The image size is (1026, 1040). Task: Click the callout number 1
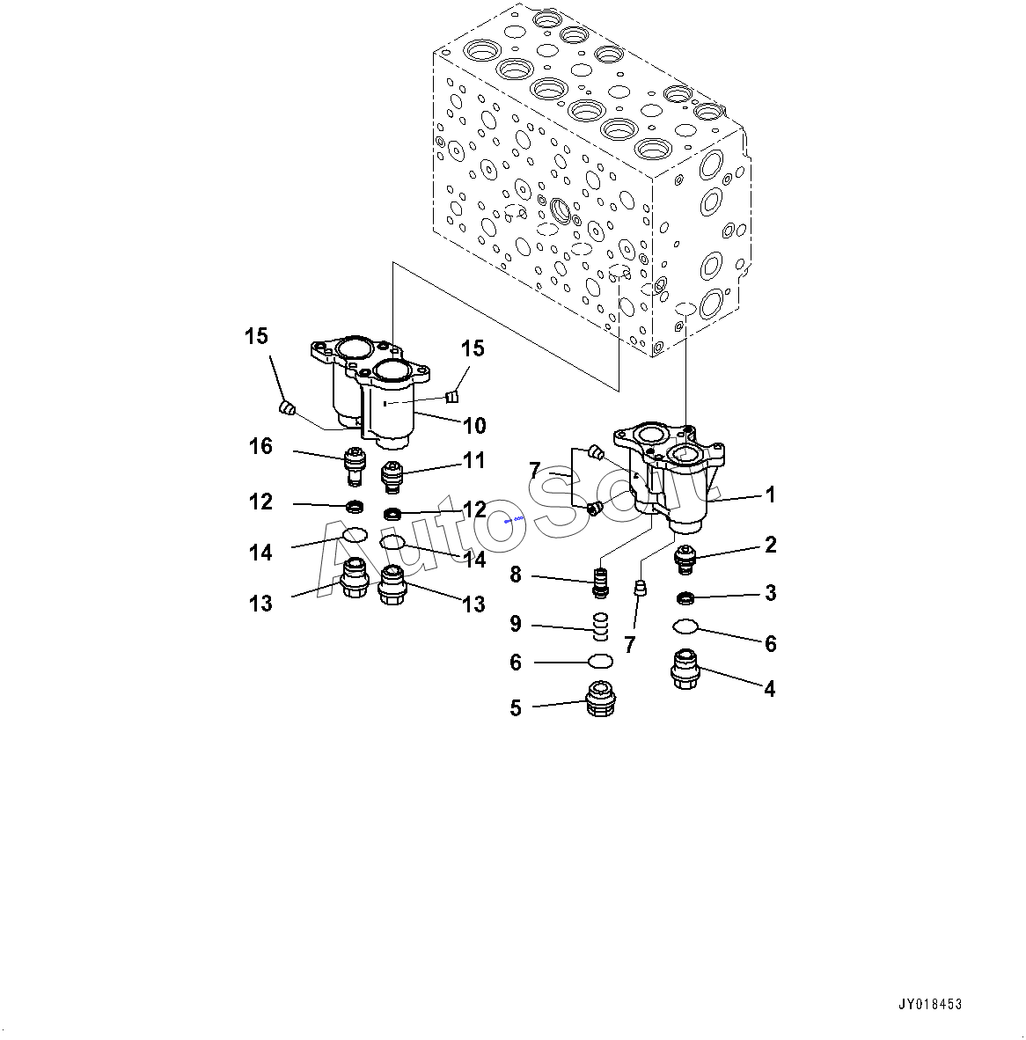[770, 495]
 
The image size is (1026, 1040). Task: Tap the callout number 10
[474, 426]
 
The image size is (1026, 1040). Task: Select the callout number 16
[260, 447]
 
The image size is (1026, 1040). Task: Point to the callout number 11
[474, 459]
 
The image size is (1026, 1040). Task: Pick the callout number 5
[516, 708]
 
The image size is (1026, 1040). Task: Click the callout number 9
[516, 625]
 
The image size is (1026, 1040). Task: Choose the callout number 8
[516, 575]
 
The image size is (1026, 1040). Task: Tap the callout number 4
[769, 689]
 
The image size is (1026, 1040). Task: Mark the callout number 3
[770, 593]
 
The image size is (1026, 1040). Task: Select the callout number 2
[770, 546]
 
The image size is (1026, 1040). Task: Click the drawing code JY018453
[930, 1004]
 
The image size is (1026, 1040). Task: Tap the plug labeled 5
[600, 699]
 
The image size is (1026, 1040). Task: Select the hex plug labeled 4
[685, 669]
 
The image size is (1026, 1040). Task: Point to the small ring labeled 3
[685, 599]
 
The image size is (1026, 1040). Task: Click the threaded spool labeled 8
[602, 582]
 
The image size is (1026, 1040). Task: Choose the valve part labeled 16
[355, 465]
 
